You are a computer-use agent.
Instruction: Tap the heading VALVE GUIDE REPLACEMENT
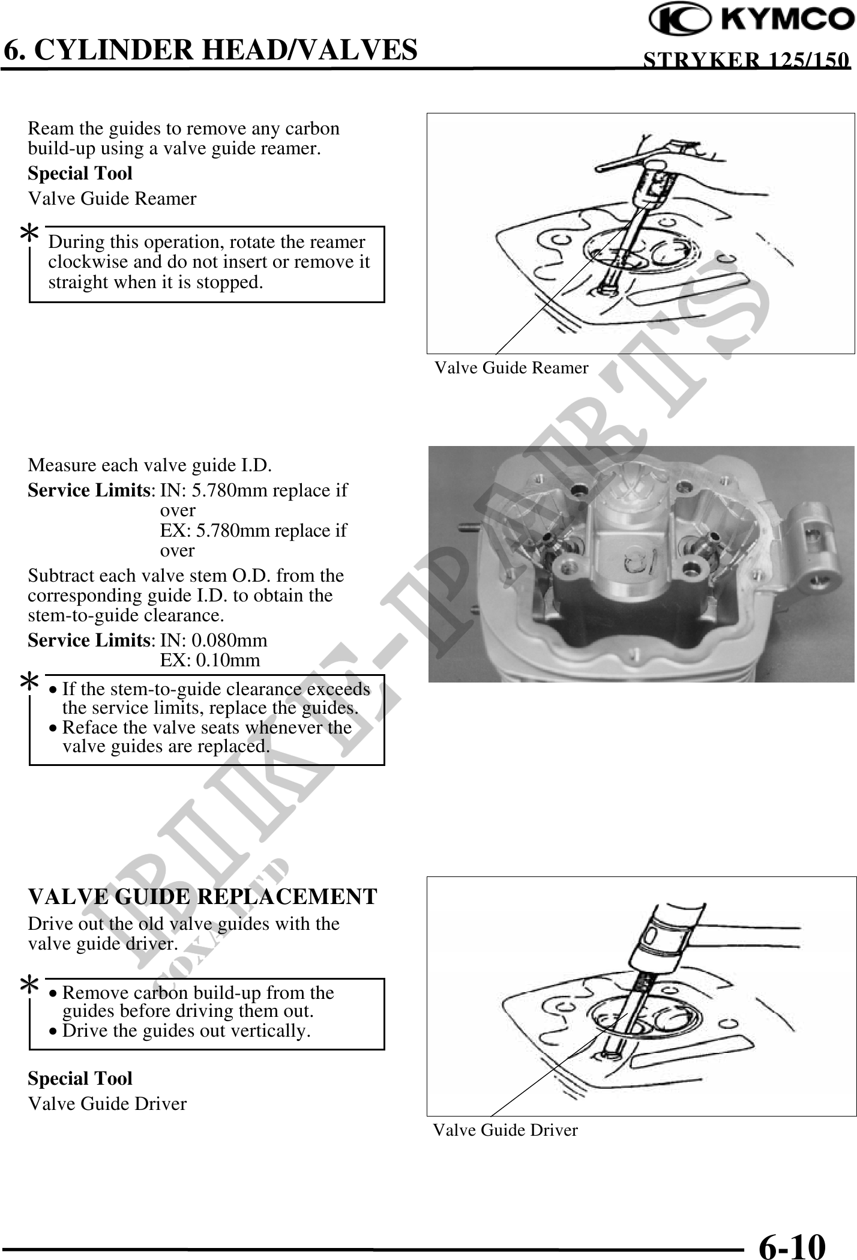pos(202,896)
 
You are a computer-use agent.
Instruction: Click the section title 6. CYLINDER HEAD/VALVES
pos(209,49)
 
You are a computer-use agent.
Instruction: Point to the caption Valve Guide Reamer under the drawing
pos(511,367)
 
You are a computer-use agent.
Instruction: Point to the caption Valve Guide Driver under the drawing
pos(505,1130)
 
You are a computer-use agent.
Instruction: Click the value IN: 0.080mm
pos(214,640)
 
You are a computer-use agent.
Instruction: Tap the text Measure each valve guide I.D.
pos(149,465)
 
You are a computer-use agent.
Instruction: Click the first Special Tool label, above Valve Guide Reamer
pos(80,173)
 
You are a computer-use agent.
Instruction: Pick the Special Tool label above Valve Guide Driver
pos(80,1078)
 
